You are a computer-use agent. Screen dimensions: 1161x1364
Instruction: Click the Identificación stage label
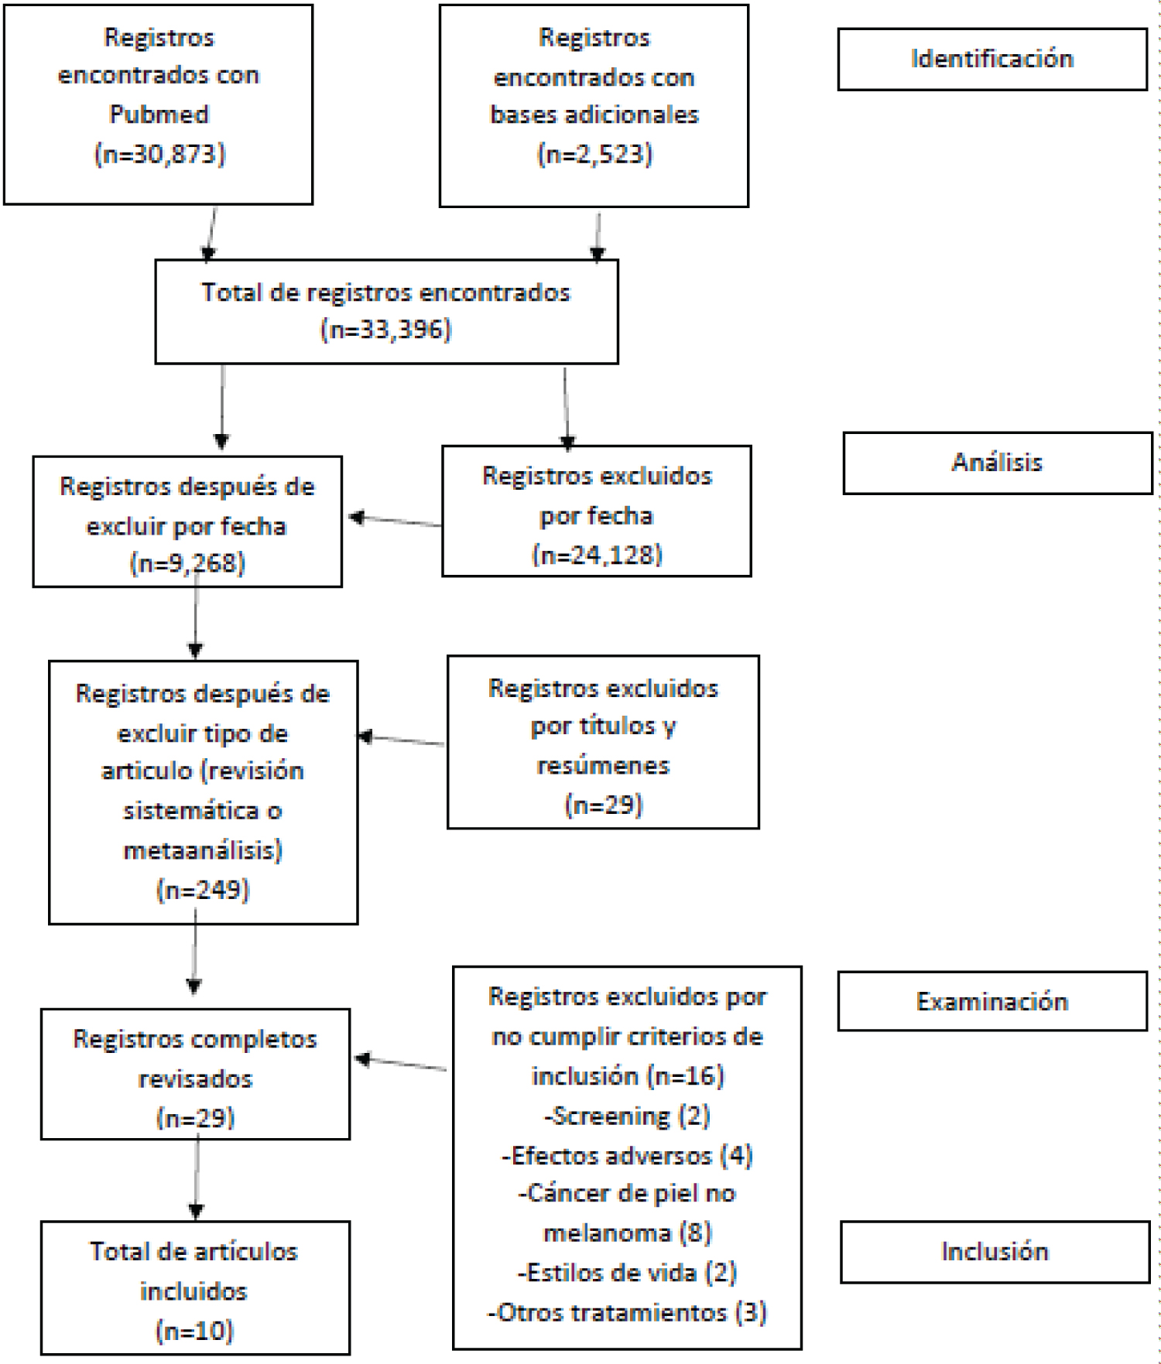click(x=991, y=59)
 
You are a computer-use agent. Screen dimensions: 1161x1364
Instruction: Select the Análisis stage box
click(x=998, y=463)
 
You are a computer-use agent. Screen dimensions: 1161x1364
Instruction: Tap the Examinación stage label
click(x=992, y=1001)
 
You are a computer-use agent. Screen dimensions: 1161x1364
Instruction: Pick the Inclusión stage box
click(x=995, y=1252)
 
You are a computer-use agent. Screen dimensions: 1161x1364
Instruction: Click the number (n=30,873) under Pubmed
click(x=159, y=154)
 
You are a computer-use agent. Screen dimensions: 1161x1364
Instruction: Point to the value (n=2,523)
click(x=594, y=154)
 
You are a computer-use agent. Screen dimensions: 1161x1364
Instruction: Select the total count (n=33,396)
click(x=386, y=330)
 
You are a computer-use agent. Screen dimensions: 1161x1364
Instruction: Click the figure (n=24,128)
click(x=597, y=555)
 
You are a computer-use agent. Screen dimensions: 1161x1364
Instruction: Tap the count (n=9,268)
click(x=187, y=563)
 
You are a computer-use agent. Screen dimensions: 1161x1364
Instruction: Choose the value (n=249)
click(x=203, y=890)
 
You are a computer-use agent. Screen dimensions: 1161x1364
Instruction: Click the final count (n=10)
click(x=194, y=1331)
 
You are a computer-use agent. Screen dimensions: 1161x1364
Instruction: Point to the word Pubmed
click(x=159, y=115)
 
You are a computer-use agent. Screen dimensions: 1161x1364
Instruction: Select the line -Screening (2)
click(x=627, y=1116)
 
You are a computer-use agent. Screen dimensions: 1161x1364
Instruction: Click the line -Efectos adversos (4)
click(x=627, y=1155)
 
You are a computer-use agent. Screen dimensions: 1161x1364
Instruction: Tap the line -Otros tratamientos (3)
click(x=627, y=1312)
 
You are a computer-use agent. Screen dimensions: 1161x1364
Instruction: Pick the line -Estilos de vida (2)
click(x=627, y=1273)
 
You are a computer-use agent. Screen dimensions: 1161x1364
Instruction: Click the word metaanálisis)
click(x=203, y=850)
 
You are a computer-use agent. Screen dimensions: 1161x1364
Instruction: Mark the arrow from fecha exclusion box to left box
click(x=396, y=521)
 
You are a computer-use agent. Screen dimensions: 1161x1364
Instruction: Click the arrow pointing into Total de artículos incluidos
click(x=197, y=1177)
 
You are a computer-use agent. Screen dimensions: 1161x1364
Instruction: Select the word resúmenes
click(x=603, y=766)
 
